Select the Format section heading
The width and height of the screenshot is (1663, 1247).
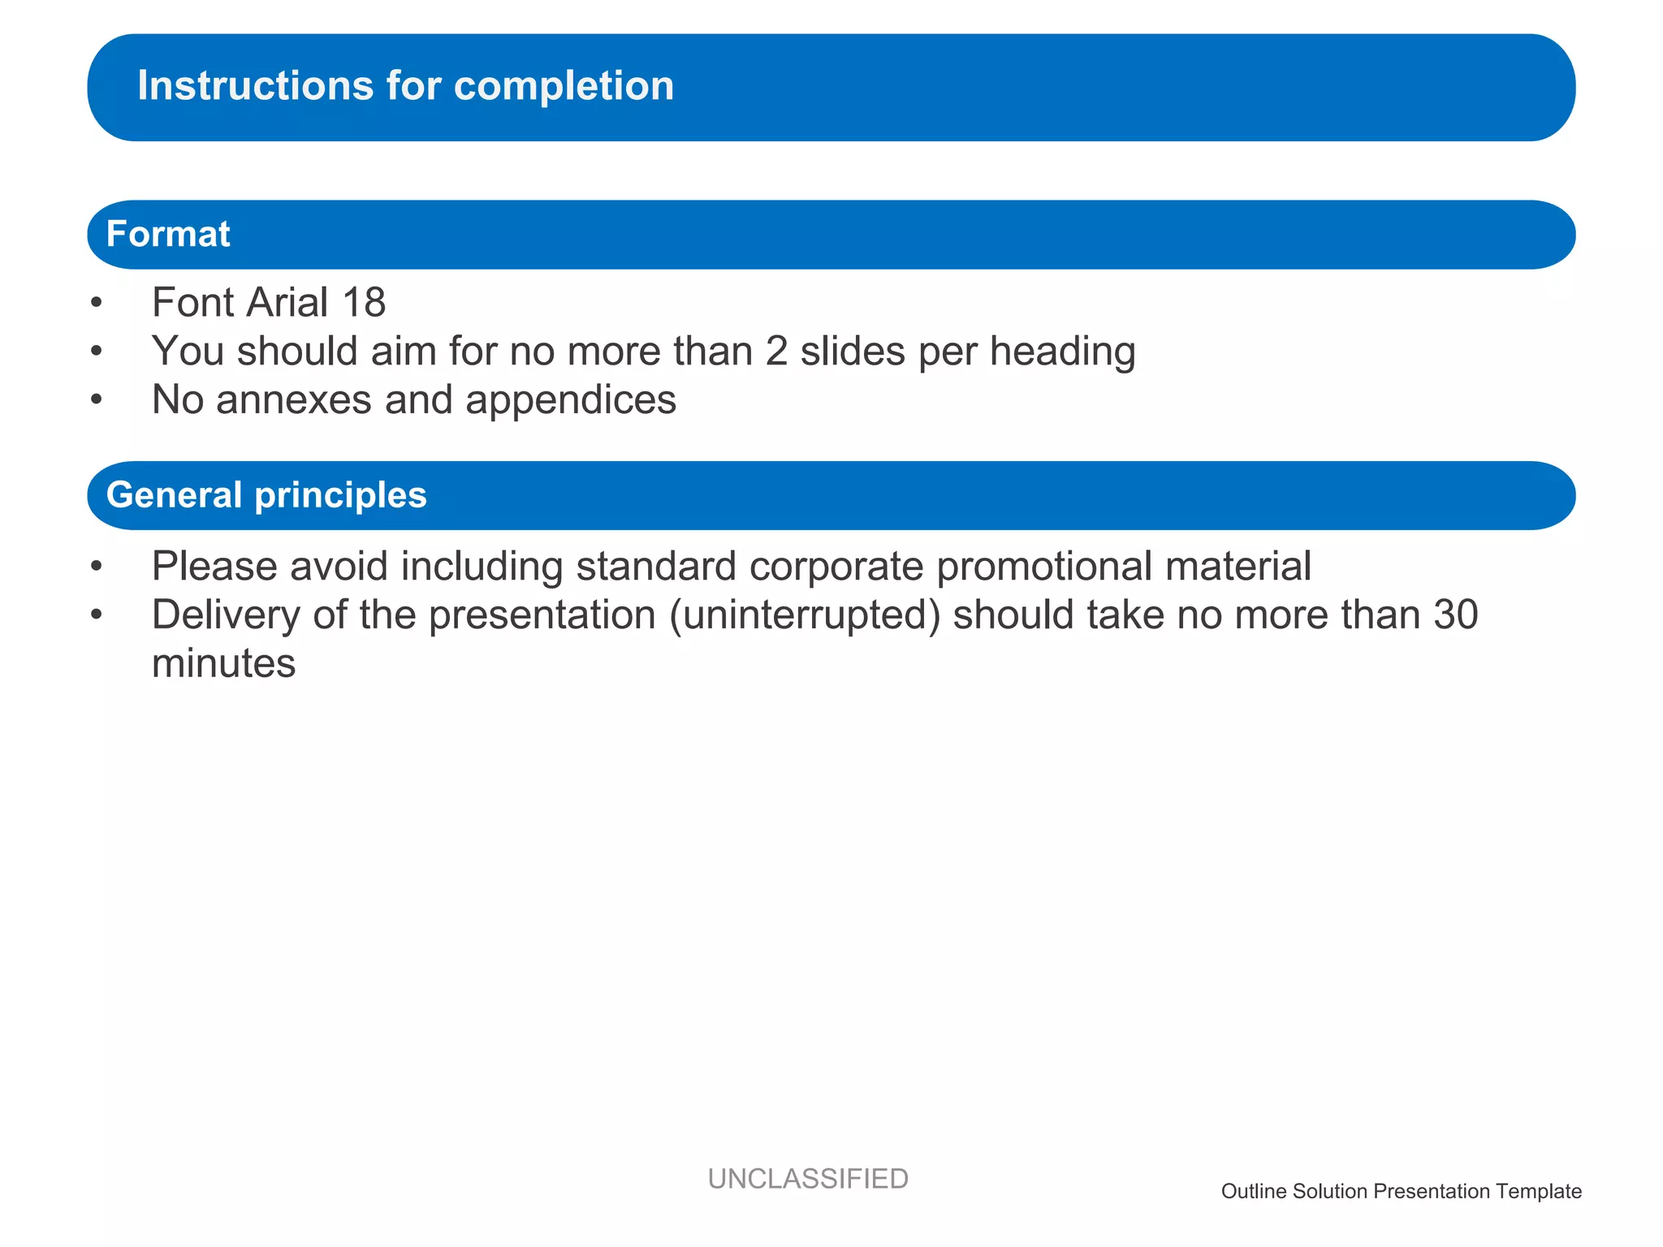168,234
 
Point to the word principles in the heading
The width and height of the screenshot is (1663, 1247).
340,496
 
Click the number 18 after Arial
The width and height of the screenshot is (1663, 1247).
363,302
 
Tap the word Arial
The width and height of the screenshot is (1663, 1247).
287,302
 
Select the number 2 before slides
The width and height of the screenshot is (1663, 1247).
776,352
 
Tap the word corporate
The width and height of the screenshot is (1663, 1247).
836,567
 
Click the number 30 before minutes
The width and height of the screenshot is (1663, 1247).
1455,615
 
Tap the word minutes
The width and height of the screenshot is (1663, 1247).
223,663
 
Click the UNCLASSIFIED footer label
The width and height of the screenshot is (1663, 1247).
807,1178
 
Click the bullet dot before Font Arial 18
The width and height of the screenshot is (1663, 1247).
97,303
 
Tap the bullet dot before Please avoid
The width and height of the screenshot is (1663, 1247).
97,566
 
